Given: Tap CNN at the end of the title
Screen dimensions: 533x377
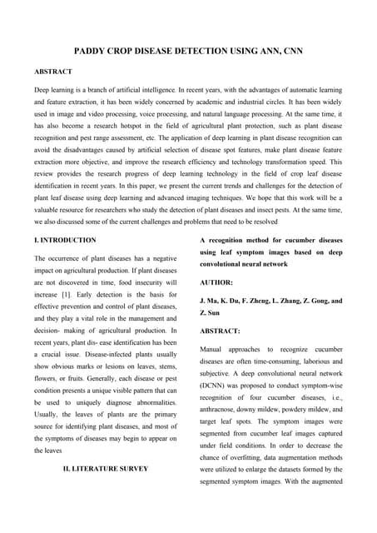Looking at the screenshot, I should [x=289, y=51].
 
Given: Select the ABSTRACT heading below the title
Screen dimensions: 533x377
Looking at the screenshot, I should [x=52, y=72].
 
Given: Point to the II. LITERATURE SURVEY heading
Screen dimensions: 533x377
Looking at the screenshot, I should [x=106, y=468].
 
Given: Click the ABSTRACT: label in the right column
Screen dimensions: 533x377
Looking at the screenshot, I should [x=220, y=331].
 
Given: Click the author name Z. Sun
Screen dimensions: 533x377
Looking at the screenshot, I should [x=211, y=314].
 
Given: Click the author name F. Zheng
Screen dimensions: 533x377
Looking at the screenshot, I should [x=265, y=301].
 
